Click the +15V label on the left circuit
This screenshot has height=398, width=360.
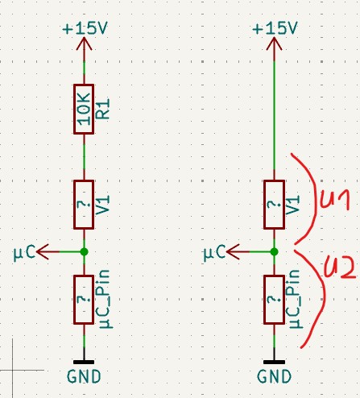(x=85, y=28)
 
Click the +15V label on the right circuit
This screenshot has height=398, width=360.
(x=275, y=28)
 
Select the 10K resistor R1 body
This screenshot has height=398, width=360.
(x=84, y=109)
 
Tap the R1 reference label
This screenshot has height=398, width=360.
(x=103, y=109)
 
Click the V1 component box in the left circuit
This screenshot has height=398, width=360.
(x=84, y=205)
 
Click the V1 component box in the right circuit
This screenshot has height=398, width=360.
(x=274, y=205)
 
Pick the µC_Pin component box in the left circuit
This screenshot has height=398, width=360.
(x=84, y=300)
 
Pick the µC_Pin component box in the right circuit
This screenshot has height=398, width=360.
(x=274, y=300)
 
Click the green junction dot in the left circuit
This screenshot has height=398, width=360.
(x=84, y=252)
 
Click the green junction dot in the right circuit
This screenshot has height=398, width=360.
(x=274, y=252)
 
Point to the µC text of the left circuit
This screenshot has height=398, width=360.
(x=24, y=253)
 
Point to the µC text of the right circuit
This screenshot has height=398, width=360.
(x=214, y=253)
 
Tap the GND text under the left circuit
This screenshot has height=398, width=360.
(x=84, y=376)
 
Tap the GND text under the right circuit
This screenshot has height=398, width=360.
(x=274, y=376)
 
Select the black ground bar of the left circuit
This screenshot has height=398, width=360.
(x=84, y=363)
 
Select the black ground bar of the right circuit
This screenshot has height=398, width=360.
(x=274, y=363)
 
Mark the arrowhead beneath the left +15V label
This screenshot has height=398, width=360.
(x=84, y=44)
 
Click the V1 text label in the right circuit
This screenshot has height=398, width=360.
(x=293, y=205)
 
